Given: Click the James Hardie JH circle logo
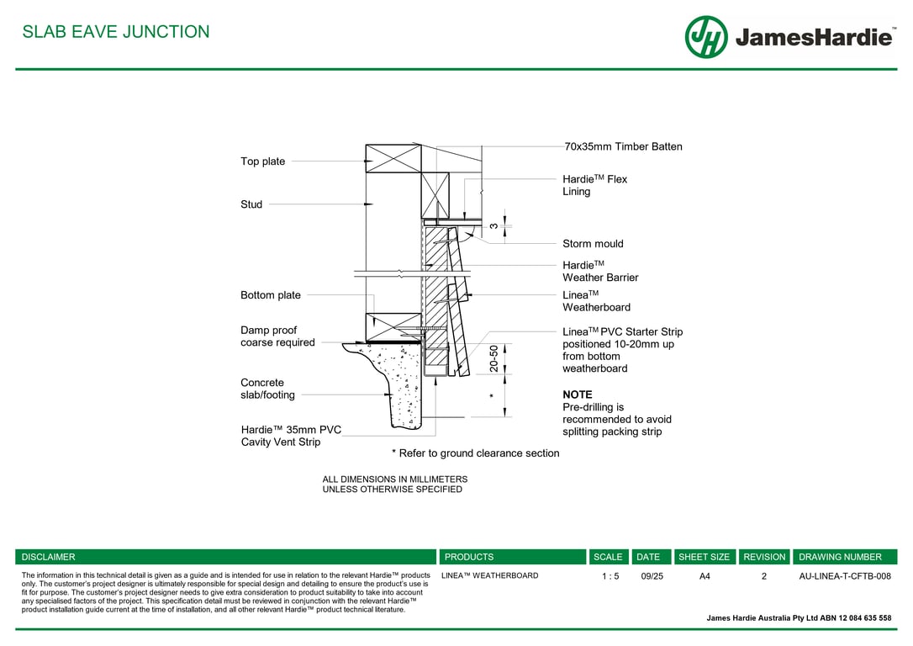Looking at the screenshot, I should pos(705,37).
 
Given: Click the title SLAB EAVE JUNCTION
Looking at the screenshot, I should pos(116,32).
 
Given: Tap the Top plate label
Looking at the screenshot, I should pos(262,161).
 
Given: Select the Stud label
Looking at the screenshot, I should pos(251,204).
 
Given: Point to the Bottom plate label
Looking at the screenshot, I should pos(270,295).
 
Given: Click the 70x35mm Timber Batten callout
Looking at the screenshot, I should pos(623,147).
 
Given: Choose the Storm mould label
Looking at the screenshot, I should pos(593,244).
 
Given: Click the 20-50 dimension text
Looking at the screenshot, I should pos(493,359).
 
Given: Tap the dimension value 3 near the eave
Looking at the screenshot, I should pos(493,225).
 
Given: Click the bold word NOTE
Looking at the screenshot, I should pos(578,394).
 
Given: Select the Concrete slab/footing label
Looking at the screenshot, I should pos(267,389).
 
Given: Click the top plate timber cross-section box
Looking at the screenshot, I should pos(393,158).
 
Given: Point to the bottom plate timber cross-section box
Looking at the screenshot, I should pos(393,326).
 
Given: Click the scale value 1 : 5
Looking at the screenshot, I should pos(610,576).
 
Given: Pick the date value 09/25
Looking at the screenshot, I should pos(652,576).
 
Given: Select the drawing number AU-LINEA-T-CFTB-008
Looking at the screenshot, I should pos(844,576).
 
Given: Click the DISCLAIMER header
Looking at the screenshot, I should pos(48,557).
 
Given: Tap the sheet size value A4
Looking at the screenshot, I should pos(705,576).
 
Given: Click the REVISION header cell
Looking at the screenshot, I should pos(764,557).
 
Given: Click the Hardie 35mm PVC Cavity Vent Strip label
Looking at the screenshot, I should pos(291,436).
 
